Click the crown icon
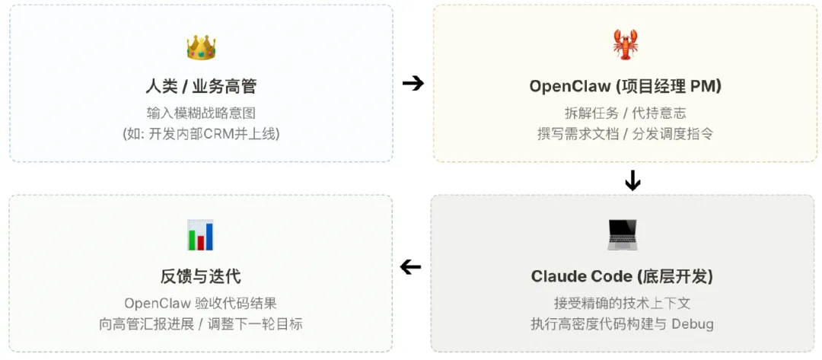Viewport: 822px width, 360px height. coord(201,48)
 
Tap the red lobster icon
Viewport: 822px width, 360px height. coord(625,45)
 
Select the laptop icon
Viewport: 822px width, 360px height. coord(621,234)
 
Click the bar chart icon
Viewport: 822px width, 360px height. coord(201,235)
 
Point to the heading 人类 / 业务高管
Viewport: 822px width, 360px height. coord(201,87)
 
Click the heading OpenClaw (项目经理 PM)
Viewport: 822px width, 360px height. coord(625,86)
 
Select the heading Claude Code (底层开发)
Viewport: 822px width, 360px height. coord(622,276)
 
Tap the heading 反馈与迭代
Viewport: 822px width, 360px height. coord(201,276)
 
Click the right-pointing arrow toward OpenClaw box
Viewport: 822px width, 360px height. coord(413,83)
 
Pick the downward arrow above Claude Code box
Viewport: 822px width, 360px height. coord(632,180)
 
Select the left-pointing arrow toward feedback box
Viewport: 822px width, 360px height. coord(411,266)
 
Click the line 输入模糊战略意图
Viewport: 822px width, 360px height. coord(201,113)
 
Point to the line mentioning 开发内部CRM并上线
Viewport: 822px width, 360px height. coord(201,133)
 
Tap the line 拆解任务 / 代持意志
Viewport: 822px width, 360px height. coord(625,113)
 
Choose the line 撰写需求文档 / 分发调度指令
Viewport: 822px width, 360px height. coord(625,133)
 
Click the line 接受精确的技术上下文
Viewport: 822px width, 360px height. coord(622,302)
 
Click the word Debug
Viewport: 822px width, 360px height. coord(692,323)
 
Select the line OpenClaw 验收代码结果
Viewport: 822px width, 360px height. coord(201,303)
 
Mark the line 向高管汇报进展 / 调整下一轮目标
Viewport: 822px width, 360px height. coord(201,323)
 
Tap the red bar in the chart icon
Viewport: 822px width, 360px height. coord(201,241)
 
